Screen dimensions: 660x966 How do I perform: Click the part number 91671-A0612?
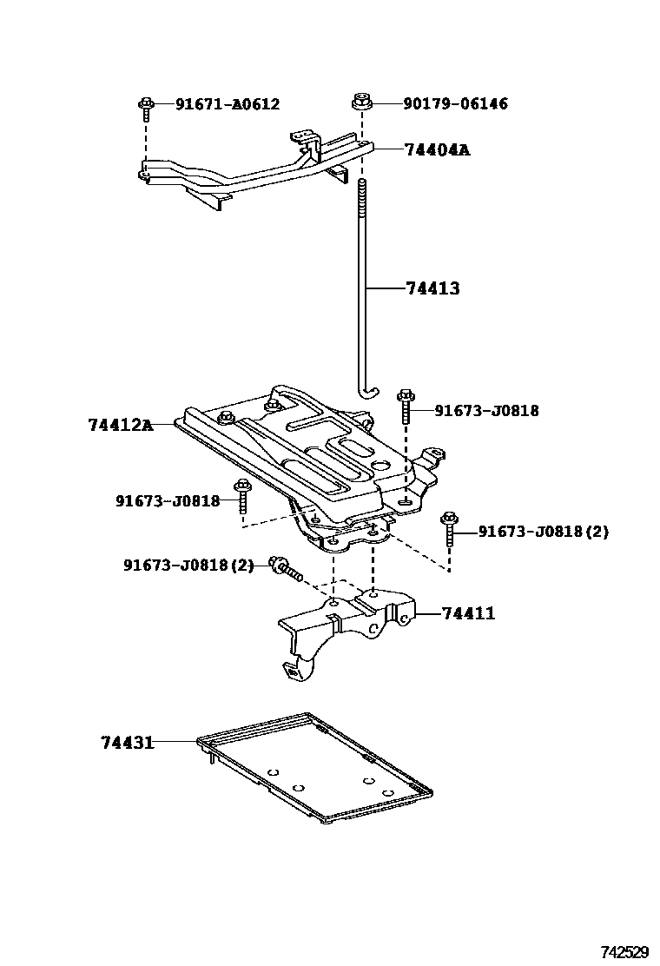tap(228, 104)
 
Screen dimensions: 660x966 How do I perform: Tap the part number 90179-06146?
tap(456, 103)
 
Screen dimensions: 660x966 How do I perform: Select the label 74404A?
tap(438, 149)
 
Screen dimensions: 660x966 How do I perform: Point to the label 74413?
tap(432, 288)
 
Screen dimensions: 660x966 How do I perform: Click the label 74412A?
tap(121, 425)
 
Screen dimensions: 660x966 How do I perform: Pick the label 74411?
tap(469, 613)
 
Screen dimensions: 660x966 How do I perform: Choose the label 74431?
tap(128, 743)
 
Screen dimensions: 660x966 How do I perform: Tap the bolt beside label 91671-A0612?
tap(146, 109)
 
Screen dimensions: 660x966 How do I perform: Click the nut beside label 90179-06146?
tap(360, 102)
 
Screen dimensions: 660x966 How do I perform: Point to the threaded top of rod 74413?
tap(363, 197)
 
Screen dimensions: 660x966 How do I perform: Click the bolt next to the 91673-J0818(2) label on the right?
tap(449, 527)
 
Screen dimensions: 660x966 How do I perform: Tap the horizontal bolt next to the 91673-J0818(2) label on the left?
tap(287, 568)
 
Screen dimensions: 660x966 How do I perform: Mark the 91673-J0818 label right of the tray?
tap(486, 410)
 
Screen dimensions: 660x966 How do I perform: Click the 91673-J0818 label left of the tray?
tap(168, 501)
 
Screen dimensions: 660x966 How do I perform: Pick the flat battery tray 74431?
tap(314, 767)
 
